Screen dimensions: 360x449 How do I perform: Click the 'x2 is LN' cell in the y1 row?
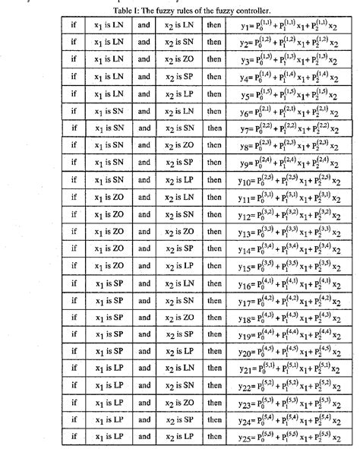click(180, 25)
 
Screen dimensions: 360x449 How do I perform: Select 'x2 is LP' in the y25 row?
click(180, 435)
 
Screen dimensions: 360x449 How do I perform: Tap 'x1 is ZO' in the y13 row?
click(109, 231)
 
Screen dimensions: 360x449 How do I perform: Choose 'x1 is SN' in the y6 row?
click(109, 111)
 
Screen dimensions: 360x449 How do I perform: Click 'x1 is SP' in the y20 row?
click(109, 350)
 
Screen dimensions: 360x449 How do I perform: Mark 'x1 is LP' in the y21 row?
click(109, 367)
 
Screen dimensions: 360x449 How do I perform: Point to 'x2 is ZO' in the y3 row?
click(180, 59)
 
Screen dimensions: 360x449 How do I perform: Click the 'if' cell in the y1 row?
click(74, 25)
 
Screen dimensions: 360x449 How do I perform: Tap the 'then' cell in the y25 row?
click(215, 435)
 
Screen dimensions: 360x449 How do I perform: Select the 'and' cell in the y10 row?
click(144, 179)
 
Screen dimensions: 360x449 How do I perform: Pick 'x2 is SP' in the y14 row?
click(180, 248)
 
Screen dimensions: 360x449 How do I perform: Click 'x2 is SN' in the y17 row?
click(180, 299)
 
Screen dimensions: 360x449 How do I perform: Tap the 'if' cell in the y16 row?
click(74, 282)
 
